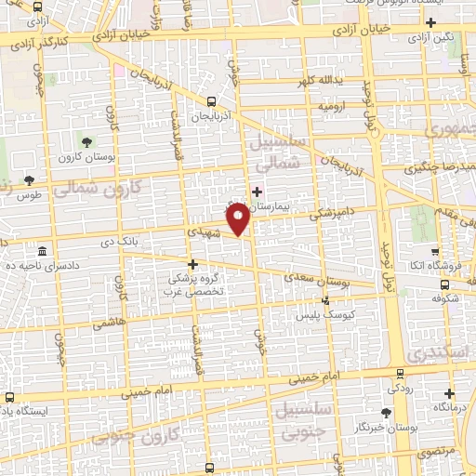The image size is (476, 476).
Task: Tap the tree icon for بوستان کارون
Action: [x=86, y=142]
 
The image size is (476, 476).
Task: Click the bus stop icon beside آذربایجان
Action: [x=212, y=101]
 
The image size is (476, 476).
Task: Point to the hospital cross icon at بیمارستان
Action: [x=258, y=191]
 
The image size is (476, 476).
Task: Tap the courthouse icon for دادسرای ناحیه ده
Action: [x=43, y=252]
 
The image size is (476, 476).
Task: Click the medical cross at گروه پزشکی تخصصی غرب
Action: [x=192, y=263]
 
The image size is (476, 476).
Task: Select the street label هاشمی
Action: [x=108, y=318]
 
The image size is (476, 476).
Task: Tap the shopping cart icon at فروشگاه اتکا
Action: [x=435, y=252]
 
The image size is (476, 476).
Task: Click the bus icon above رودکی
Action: [x=401, y=375]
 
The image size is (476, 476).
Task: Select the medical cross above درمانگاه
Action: [x=450, y=393]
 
